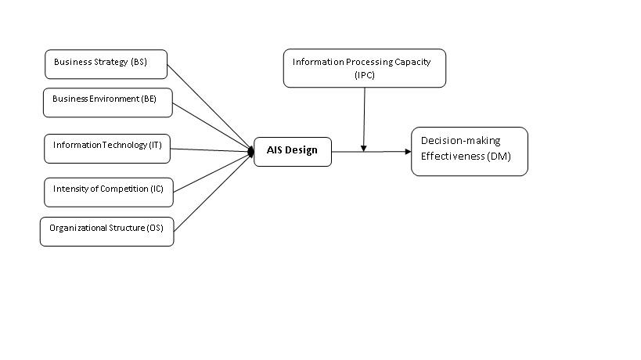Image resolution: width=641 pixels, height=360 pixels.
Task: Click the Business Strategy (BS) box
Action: pyautogui.click(x=106, y=63)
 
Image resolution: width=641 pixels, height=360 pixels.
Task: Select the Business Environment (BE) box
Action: pyautogui.click(x=106, y=102)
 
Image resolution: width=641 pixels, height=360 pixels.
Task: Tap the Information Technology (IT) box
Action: pyautogui.click(x=106, y=147)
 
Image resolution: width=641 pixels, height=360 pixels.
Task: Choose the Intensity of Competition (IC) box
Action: pyautogui.click(x=107, y=191)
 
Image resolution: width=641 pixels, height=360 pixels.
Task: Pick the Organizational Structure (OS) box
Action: pyautogui.click(x=106, y=231)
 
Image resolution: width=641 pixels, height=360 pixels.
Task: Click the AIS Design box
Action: pyautogui.click(x=293, y=150)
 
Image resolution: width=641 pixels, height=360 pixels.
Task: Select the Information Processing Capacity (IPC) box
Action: pyautogui.click(x=364, y=68)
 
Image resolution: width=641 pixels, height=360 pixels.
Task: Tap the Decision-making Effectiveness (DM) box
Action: pyautogui.click(x=469, y=151)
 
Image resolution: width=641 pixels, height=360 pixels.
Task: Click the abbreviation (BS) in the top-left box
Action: pyautogui.click(x=139, y=62)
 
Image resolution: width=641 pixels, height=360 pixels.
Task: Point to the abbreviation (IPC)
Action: pyautogui.click(x=365, y=74)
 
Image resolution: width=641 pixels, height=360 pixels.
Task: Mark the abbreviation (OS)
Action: pyautogui.click(x=154, y=228)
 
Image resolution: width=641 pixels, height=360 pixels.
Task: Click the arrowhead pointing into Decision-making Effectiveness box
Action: pyautogui.click(x=407, y=151)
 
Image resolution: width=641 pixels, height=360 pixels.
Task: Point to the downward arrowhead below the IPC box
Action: pyautogui.click(x=364, y=147)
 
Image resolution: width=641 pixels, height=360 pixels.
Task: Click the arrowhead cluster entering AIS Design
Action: pyautogui.click(x=251, y=150)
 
